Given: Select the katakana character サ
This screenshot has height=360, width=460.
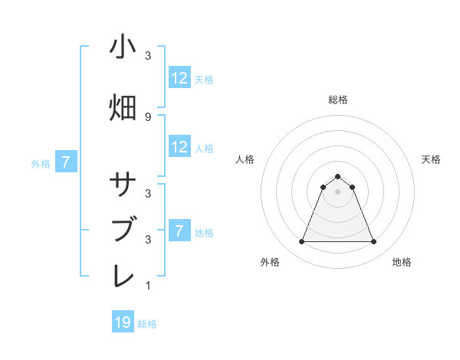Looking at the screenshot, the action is [123, 186].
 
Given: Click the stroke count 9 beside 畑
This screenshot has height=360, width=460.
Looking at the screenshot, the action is [148, 116].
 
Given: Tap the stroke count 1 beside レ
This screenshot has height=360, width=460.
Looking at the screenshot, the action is [148, 286].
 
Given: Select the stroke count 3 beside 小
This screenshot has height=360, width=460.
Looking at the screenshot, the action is [148, 56].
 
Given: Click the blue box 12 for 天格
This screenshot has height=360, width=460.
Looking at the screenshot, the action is [179, 78].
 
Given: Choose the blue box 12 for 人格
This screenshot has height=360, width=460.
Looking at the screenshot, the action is [179, 147].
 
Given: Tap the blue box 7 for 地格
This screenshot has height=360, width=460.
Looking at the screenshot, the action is [179, 231].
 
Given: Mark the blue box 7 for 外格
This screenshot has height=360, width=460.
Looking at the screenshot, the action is [66, 162].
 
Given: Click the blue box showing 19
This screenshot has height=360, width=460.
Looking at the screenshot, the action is [123, 322].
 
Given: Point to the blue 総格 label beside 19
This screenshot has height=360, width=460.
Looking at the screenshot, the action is [147, 324].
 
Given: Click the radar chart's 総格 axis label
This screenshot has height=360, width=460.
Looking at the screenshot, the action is [337, 100].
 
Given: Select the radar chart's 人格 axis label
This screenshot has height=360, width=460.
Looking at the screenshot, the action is [245, 159].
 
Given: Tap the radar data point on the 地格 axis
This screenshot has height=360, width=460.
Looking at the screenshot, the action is [373, 242].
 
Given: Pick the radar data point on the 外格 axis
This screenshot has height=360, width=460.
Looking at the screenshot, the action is [301, 242].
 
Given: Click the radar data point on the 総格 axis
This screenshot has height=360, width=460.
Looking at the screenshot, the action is [337, 177].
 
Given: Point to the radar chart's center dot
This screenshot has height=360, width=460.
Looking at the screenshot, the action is [337, 191].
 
